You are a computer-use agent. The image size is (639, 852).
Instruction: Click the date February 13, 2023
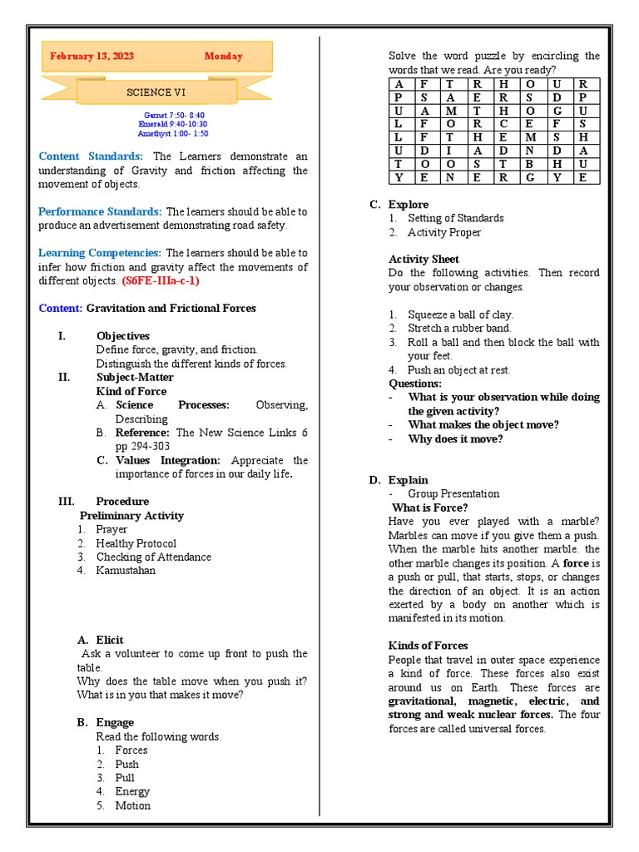pyautogui.click(x=92, y=57)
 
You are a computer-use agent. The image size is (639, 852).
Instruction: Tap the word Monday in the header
pyautogui.click(x=224, y=57)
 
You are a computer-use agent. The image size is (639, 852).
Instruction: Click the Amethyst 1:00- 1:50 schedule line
pyautogui.click(x=174, y=133)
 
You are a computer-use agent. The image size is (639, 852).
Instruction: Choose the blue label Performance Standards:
pyautogui.click(x=100, y=211)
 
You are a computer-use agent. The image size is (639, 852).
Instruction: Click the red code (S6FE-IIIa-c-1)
pyautogui.click(x=160, y=280)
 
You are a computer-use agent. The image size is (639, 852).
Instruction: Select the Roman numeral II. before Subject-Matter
pyautogui.click(x=63, y=377)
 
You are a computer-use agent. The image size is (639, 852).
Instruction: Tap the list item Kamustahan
pyautogui.click(x=126, y=571)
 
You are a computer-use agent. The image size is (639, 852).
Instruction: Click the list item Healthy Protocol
pyautogui.click(x=136, y=543)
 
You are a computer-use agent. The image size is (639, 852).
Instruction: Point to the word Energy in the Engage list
pyautogui.click(x=132, y=791)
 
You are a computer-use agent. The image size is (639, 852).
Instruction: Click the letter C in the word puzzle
pyautogui.click(x=504, y=124)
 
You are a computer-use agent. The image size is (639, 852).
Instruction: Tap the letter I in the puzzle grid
pyautogui.click(x=451, y=151)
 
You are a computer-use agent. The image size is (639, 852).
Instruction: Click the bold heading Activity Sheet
pyautogui.click(x=424, y=259)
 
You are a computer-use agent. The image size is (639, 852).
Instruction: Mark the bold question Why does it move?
pyautogui.click(x=455, y=438)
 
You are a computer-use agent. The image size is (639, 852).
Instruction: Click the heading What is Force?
pyautogui.click(x=429, y=508)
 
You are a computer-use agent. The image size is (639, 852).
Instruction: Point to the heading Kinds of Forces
pyautogui.click(x=428, y=646)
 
